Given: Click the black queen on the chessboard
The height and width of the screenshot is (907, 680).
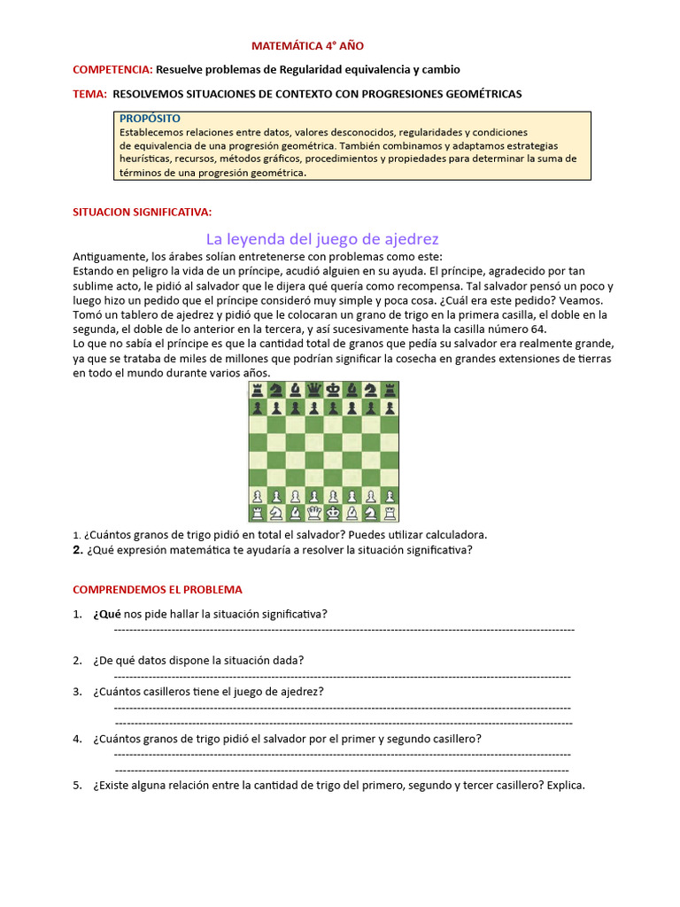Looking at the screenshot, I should [313, 391].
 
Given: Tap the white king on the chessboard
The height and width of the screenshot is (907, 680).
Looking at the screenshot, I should [332, 513].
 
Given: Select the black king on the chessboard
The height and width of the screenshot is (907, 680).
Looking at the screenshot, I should [332, 391].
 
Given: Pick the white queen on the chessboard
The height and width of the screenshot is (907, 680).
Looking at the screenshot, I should [313, 513].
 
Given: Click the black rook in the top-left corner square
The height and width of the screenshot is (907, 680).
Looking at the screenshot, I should [256, 391].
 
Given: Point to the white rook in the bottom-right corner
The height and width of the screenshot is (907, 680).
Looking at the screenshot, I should [390, 513].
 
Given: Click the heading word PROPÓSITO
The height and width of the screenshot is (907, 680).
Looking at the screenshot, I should [150, 118].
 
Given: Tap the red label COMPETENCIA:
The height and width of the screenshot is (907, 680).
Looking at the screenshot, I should [112, 69].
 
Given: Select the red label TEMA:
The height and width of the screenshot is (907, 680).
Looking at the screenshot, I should [89, 93].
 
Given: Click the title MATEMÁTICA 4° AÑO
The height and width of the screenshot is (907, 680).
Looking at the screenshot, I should [307, 45].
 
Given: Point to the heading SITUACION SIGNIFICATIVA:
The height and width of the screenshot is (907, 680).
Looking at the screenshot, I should [142, 213].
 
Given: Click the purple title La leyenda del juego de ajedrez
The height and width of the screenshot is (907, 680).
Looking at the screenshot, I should [322, 239].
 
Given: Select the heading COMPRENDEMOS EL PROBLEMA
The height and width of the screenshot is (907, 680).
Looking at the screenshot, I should [157, 589].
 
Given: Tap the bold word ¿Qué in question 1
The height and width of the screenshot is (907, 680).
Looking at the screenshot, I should [106, 614].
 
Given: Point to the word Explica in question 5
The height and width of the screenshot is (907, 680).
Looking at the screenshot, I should [566, 786].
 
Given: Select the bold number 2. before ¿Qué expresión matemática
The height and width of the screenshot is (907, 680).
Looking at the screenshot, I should [78, 549].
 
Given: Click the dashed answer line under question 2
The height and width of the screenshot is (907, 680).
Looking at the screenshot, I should [343, 676].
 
